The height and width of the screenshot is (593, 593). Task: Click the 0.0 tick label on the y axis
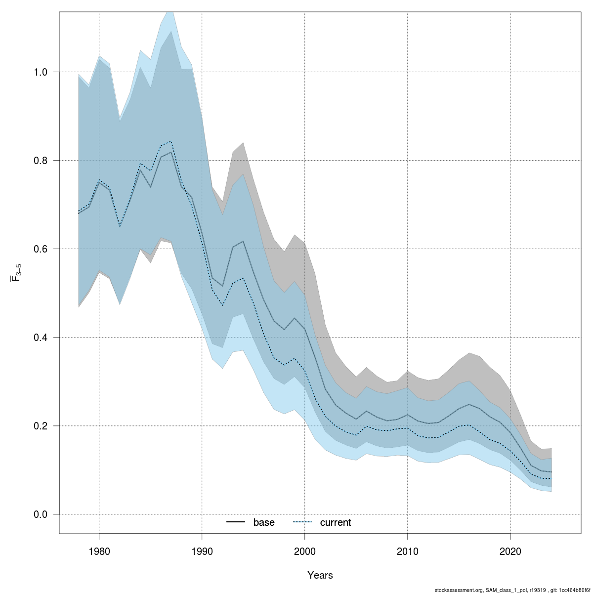point(41,514)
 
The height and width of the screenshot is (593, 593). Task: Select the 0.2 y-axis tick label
point(41,426)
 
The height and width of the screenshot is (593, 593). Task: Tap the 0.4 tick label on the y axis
point(41,338)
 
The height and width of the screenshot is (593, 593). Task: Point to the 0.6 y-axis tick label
point(41,249)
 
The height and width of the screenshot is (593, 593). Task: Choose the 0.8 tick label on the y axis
point(41,161)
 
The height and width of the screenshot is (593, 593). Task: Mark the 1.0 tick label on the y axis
point(41,72)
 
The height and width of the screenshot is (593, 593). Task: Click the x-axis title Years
point(320,575)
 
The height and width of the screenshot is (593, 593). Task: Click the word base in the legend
point(264,522)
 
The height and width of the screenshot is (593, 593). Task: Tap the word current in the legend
point(336,522)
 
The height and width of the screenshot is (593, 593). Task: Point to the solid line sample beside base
point(236,522)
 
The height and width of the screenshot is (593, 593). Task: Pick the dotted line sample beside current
point(303,522)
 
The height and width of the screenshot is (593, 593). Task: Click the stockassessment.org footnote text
point(512,590)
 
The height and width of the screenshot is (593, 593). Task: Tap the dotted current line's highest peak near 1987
point(171,141)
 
